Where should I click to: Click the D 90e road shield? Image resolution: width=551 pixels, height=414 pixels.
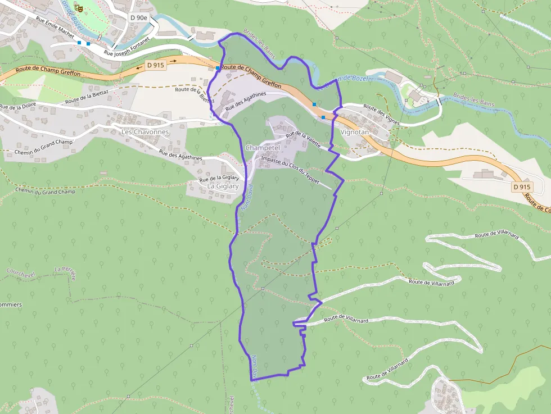point(138,17)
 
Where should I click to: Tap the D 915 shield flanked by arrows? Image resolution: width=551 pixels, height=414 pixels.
point(155,65)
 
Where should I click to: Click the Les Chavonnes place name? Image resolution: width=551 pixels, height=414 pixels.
point(145,132)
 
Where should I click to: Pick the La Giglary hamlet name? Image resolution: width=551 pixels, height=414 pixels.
point(223,186)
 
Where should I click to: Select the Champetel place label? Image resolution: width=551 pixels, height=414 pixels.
point(263,148)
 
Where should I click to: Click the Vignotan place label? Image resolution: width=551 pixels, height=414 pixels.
point(355,131)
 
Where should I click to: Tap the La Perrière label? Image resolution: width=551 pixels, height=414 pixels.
point(65,270)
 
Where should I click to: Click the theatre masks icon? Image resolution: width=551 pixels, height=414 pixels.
point(79,9)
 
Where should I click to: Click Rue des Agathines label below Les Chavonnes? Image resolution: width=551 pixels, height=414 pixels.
point(180,155)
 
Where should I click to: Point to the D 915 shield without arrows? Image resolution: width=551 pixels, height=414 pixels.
point(522,186)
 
